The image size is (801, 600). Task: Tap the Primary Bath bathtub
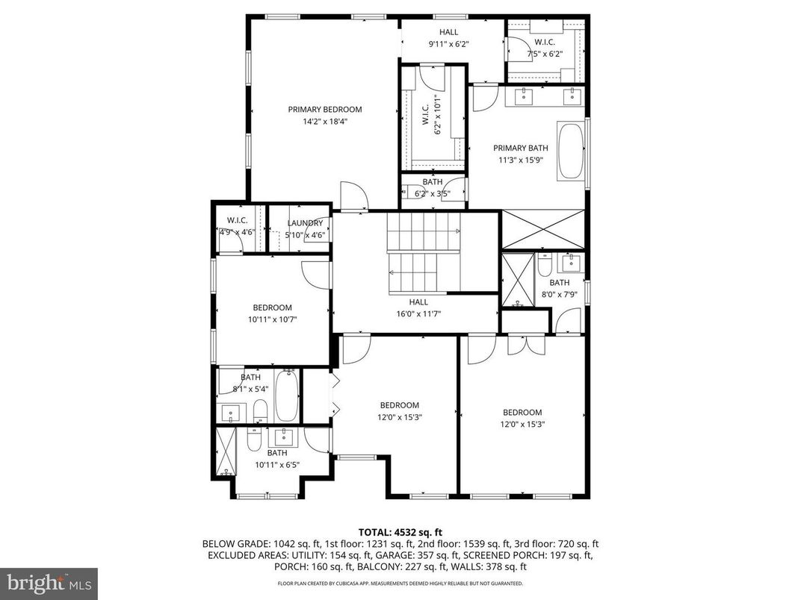[x=572, y=151]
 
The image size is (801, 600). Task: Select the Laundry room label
[x=305, y=223]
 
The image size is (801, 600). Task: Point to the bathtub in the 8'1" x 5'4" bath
[x=287, y=397]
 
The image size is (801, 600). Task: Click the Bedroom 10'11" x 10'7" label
[x=272, y=307]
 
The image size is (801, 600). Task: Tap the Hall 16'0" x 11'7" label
[x=418, y=302]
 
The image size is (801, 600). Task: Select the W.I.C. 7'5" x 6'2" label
[x=544, y=43]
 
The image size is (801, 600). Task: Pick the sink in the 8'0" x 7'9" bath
[x=571, y=262]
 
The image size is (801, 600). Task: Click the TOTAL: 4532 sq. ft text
[x=400, y=532]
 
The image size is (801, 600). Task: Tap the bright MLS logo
[x=49, y=581]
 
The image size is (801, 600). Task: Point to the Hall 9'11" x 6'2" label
[x=448, y=32]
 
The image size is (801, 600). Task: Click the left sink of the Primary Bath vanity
[x=525, y=95]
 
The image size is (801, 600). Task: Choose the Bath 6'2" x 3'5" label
[x=432, y=182]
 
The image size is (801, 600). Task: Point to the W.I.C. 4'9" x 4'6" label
[x=238, y=220]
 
